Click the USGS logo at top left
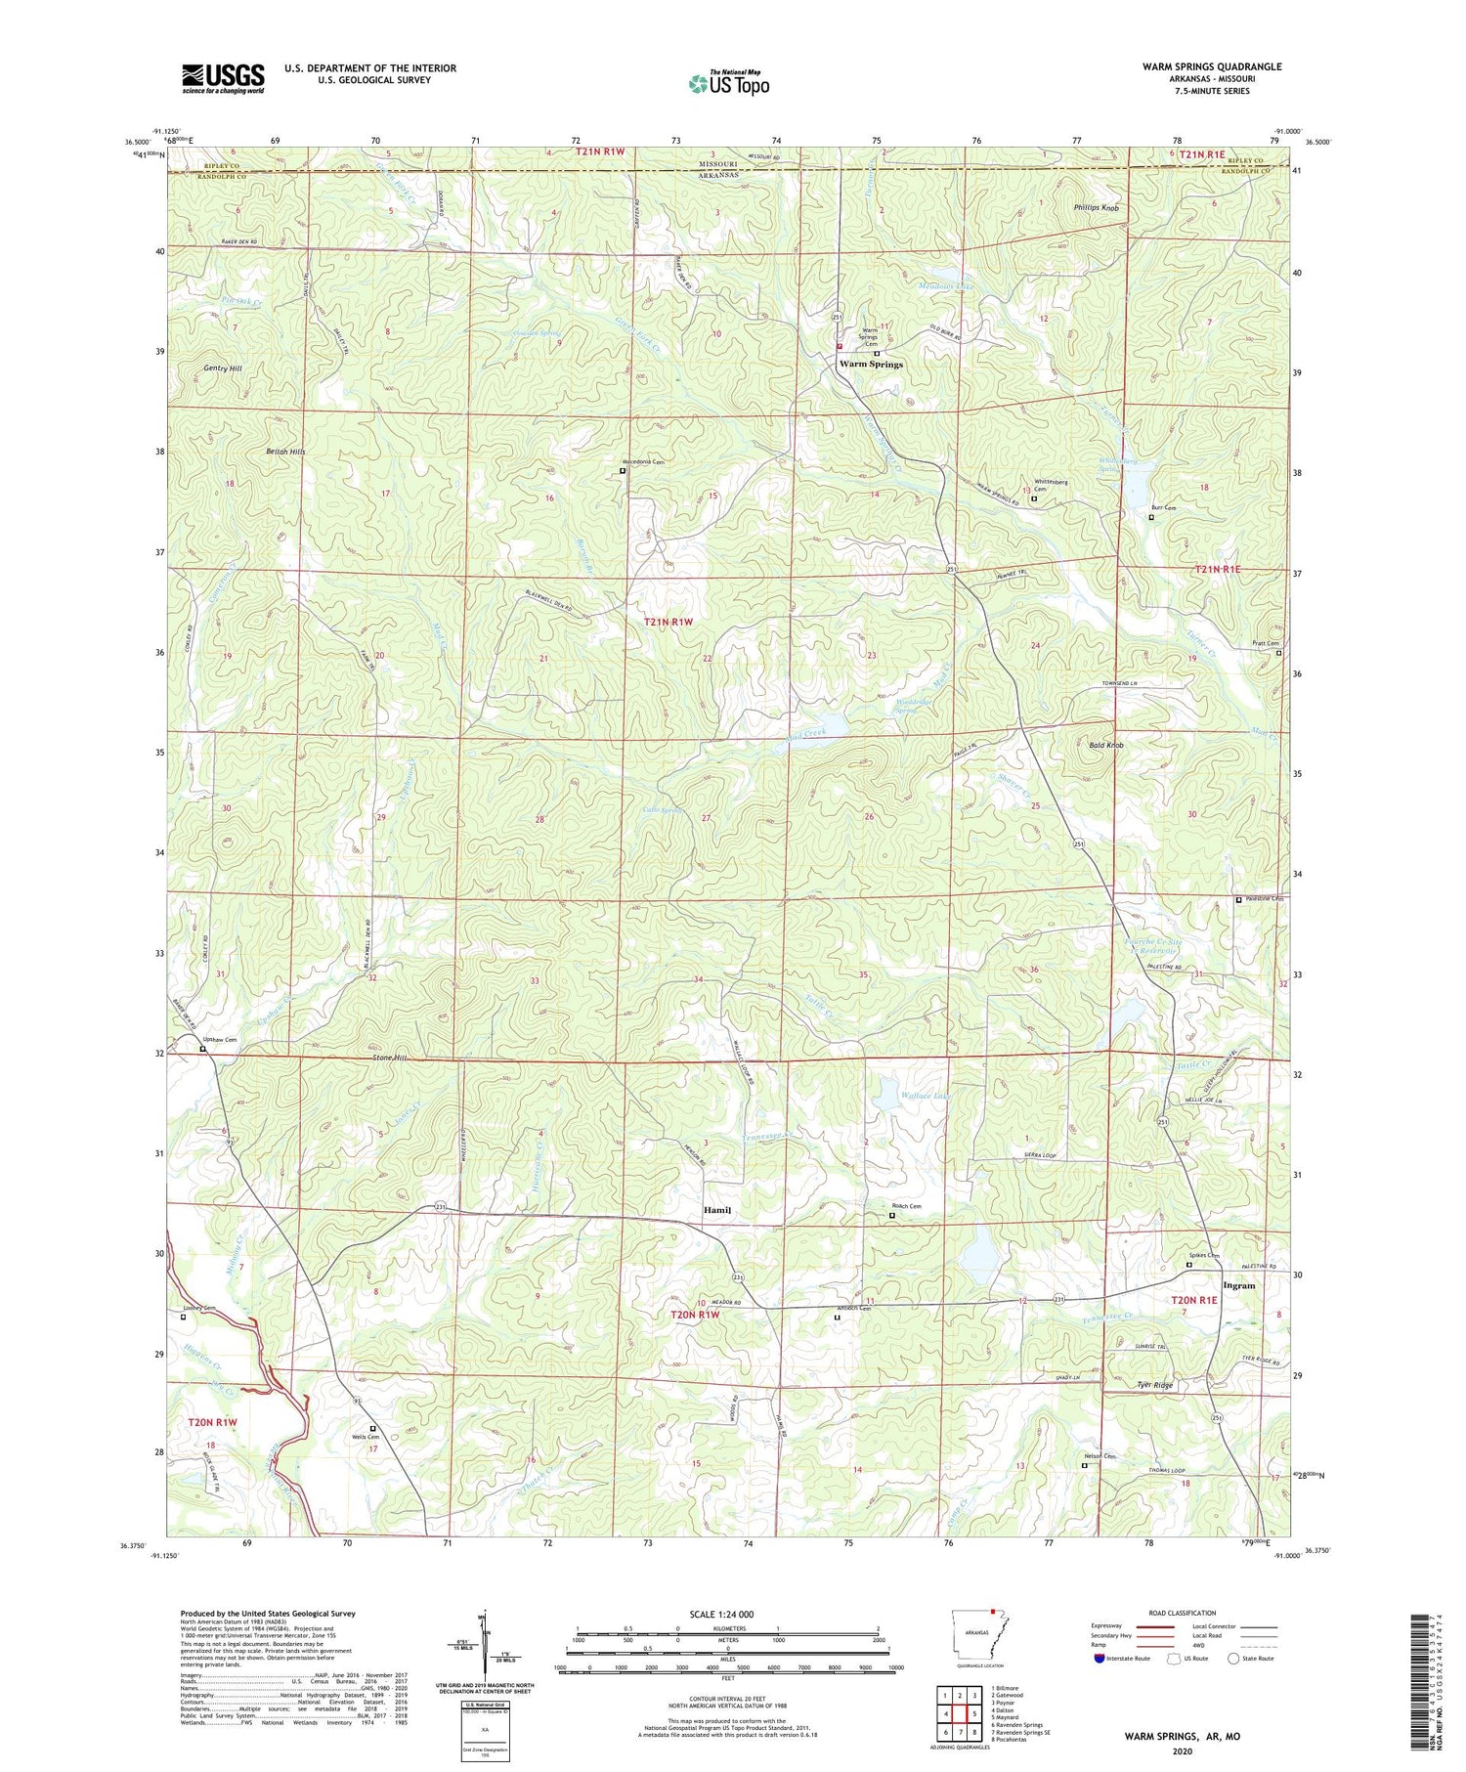click(x=223, y=78)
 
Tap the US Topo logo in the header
click(x=728, y=84)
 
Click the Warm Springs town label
click(x=871, y=364)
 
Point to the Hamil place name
click(x=717, y=1210)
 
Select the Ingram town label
click(x=1238, y=1285)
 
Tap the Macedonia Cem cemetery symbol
click(x=623, y=471)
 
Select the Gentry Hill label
click(x=223, y=368)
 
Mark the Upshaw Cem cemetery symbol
click(x=203, y=1049)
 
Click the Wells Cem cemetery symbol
click(x=372, y=1428)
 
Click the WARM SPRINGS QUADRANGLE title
click(x=1211, y=66)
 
